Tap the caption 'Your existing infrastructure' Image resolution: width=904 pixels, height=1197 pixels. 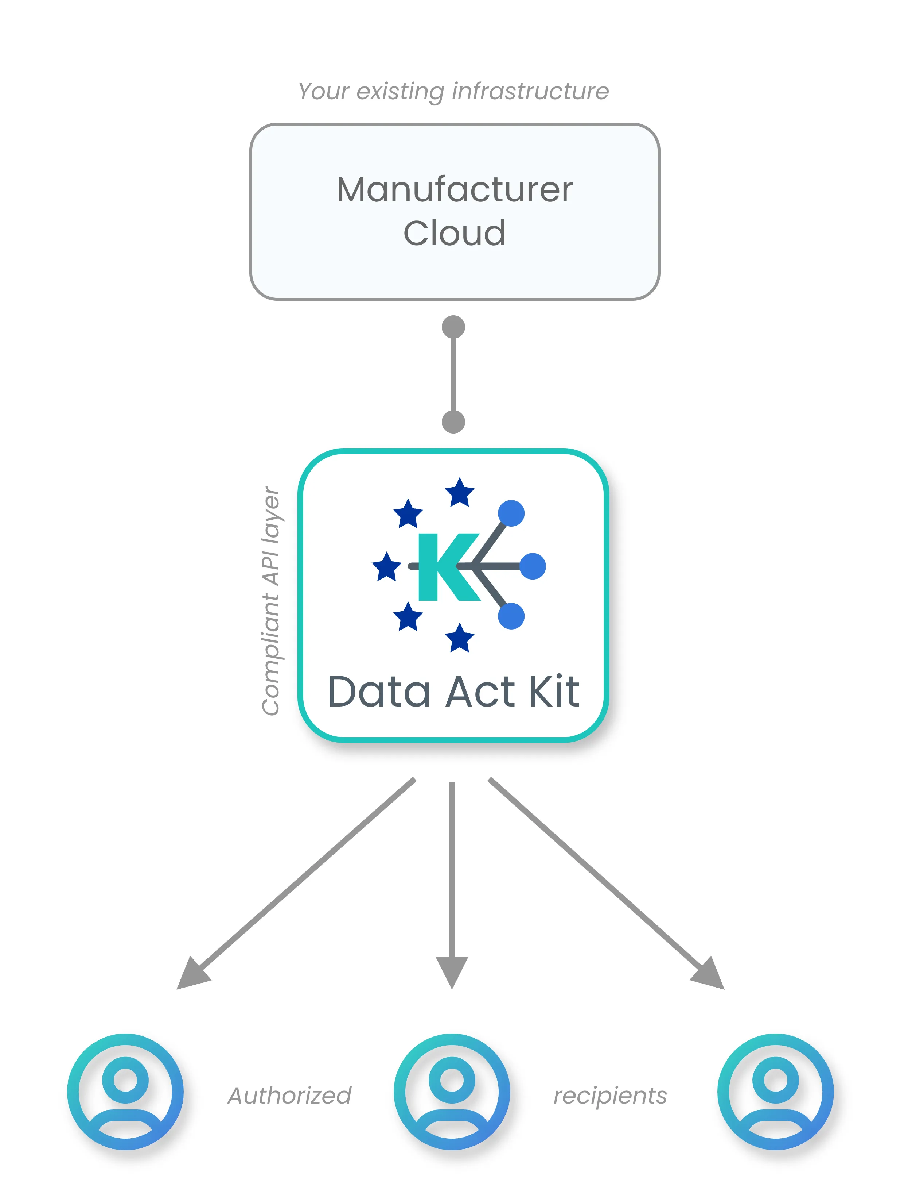click(x=453, y=92)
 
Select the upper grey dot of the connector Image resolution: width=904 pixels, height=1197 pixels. click(x=453, y=327)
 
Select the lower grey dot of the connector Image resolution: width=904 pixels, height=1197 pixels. click(x=453, y=422)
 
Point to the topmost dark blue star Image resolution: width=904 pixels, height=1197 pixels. click(x=460, y=492)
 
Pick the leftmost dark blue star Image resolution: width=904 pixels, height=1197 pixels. click(x=387, y=567)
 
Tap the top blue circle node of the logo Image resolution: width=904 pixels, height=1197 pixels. click(x=511, y=513)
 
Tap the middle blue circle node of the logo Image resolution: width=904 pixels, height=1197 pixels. click(x=533, y=566)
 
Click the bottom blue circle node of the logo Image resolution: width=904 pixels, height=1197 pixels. click(x=511, y=616)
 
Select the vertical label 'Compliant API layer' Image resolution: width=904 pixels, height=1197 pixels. click(x=271, y=601)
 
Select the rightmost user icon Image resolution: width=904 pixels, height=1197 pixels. click(x=775, y=1092)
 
